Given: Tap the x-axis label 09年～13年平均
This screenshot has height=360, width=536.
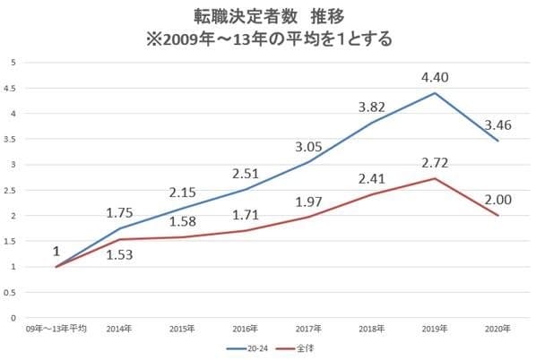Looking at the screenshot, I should coord(56,329).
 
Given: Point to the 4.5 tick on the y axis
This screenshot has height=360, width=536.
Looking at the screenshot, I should coord(13,88).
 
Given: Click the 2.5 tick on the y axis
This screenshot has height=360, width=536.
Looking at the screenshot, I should coord(13,190).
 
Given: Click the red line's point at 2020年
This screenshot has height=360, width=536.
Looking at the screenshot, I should coord(498,216).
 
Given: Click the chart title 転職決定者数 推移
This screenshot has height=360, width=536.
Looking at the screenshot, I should coord(268,17).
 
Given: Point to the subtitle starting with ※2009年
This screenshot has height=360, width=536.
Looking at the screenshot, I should coord(268,39).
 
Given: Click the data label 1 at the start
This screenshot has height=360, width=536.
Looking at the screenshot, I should coord(56,251).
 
